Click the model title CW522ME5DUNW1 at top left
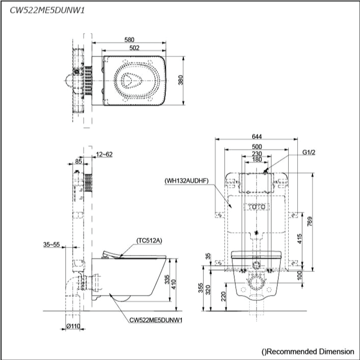(x=47, y=10)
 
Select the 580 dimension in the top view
(x=129, y=40)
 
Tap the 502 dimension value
(x=134, y=48)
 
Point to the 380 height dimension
(x=180, y=80)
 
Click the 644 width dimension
(x=256, y=136)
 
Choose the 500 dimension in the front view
(x=256, y=146)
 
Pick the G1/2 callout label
(x=309, y=152)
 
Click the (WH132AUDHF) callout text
(x=187, y=181)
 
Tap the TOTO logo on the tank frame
(x=256, y=207)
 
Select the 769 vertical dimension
(x=310, y=222)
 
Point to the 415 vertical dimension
(x=300, y=238)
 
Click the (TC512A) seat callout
(x=149, y=241)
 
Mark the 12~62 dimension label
(x=104, y=154)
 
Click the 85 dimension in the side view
(x=78, y=161)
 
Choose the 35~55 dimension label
(x=51, y=244)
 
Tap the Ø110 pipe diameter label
(x=73, y=326)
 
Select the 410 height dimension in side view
(x=173, y=284)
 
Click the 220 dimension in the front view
(x=223, y=296)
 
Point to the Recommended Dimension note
(x=308, y=351)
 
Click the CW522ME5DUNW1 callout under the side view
(x=156, y=320)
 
